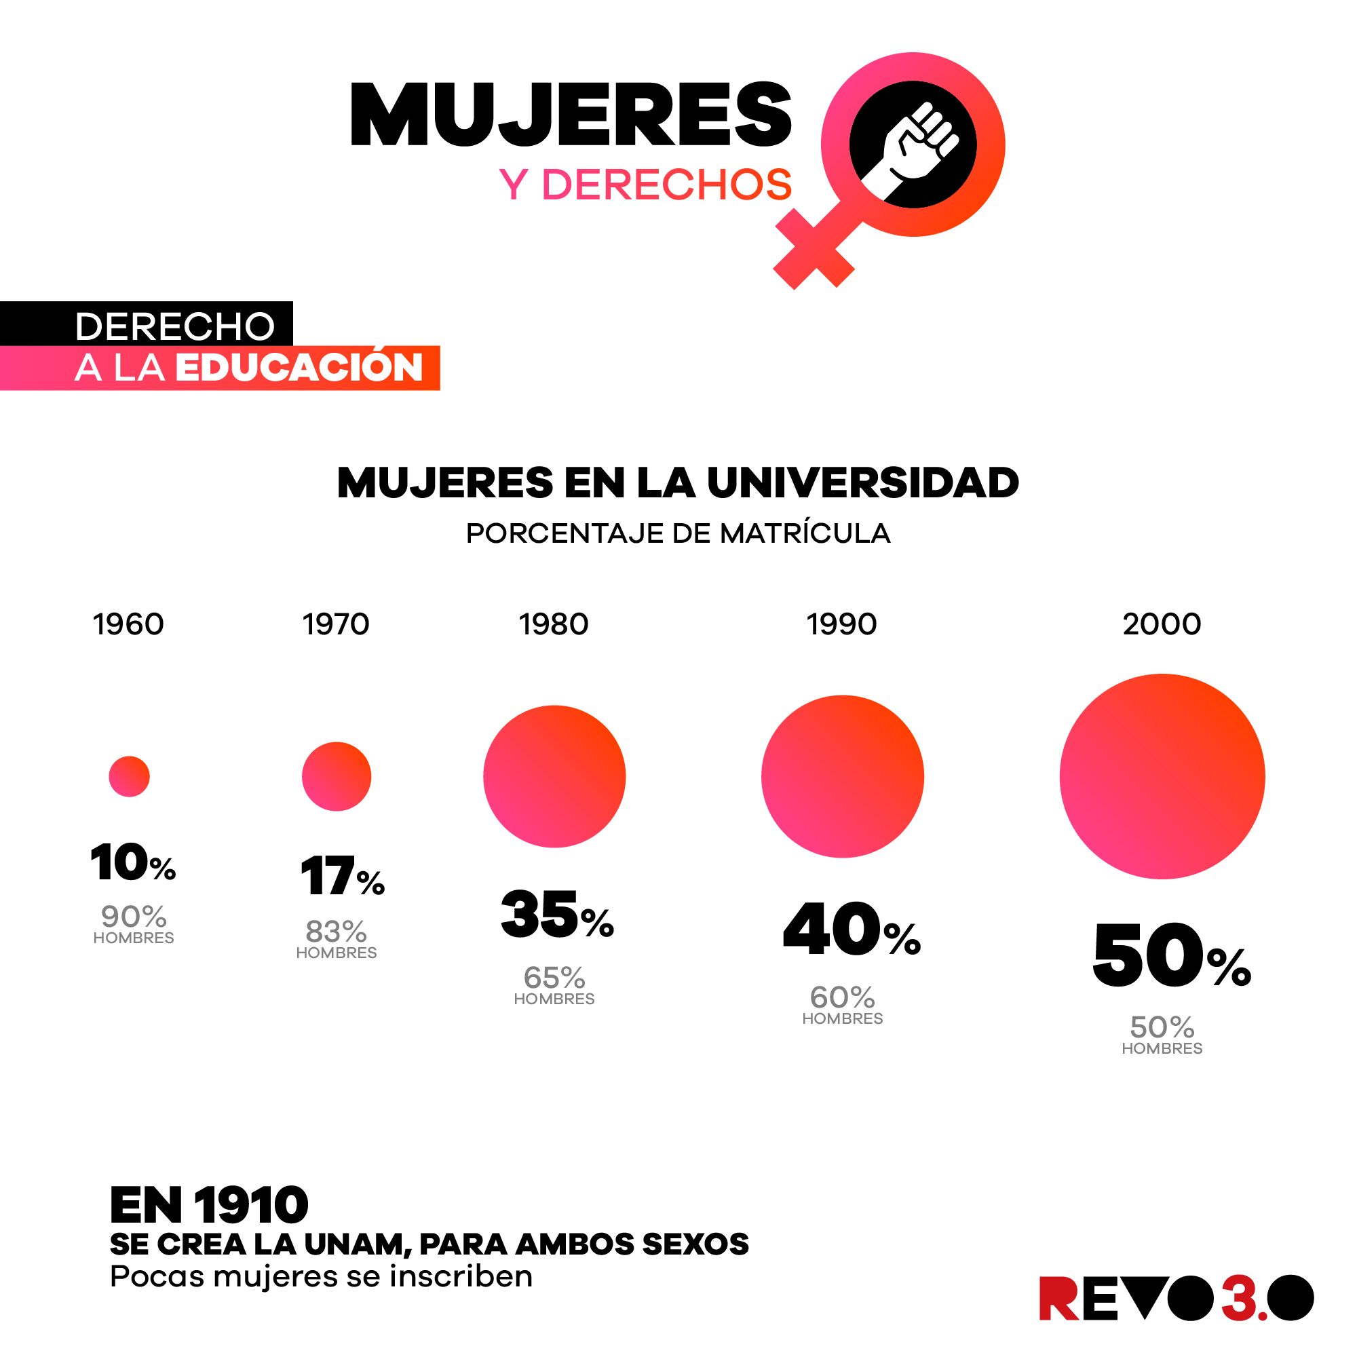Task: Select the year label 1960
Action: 128,624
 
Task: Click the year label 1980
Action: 554,624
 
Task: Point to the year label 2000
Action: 1162,624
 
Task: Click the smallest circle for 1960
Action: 129,776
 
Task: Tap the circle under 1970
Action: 337,776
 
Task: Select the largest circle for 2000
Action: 1162,776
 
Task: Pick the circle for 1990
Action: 842,776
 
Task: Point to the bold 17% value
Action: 342,877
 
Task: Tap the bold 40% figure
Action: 851,930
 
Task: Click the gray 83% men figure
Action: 337,932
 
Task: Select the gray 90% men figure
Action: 134,917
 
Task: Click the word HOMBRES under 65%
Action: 554,999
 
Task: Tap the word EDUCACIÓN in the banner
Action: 299,367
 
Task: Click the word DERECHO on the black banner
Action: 174,326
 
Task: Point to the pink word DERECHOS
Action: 666,185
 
